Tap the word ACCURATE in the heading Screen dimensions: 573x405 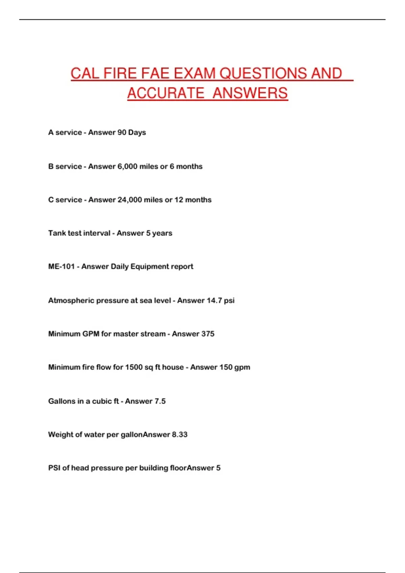click(166, 93)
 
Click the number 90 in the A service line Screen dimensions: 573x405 click(122, 132)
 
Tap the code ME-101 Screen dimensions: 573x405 click(61, 267)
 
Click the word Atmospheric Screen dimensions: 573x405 click(71, 300)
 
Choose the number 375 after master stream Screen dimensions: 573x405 click(208, 334)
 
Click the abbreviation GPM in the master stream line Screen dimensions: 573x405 click(91, 334)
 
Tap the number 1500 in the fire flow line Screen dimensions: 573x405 click(134, 367)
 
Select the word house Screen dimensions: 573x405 click(173, 367)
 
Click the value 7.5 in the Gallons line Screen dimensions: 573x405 click(160, 401)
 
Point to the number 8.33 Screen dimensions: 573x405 click(180, 434)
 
